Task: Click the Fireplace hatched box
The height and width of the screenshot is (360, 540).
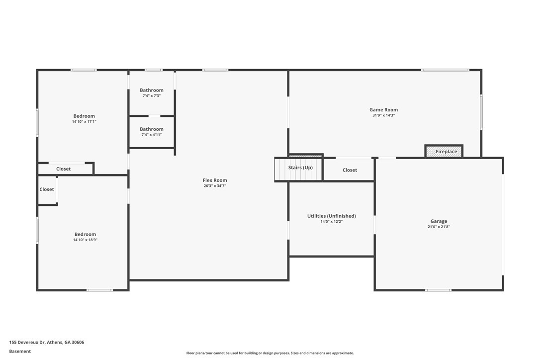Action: click(x=444, y=152)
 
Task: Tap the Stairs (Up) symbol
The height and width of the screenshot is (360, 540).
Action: click(x=299, y=168)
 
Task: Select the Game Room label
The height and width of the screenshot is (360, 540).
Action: click(x=383, y=110)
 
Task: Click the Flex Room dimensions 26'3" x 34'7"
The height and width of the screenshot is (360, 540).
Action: click(x=215, y=186)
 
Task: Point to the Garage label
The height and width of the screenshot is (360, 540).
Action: click(x=439, y=221)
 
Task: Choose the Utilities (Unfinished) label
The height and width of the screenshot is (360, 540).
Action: click(x=331, y=216)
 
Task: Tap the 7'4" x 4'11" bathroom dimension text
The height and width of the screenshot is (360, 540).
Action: click(x=152, y=135)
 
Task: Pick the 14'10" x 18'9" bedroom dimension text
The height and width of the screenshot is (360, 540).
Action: click(x=85, y=240)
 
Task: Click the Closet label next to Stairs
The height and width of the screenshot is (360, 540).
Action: click(x=350, y=170)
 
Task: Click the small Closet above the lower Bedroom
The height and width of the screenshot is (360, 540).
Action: click(x=47, y=189)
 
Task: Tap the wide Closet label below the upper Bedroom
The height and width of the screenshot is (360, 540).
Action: click(x=63, y=169)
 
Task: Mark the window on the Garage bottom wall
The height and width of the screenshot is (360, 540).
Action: click(x=439, y=290)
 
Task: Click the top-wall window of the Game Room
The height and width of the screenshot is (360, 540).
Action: click(x=445, y=70)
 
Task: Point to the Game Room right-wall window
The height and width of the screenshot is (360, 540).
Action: click(x=481, y=112)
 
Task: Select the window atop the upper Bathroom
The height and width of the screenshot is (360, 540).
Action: click(x=153, y=70)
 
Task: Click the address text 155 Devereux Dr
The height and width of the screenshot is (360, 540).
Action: click(x=46, y=342)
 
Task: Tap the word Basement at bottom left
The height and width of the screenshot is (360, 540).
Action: click(x=20, y=351)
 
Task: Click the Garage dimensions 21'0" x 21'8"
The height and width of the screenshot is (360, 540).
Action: click(x=439, y=227)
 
